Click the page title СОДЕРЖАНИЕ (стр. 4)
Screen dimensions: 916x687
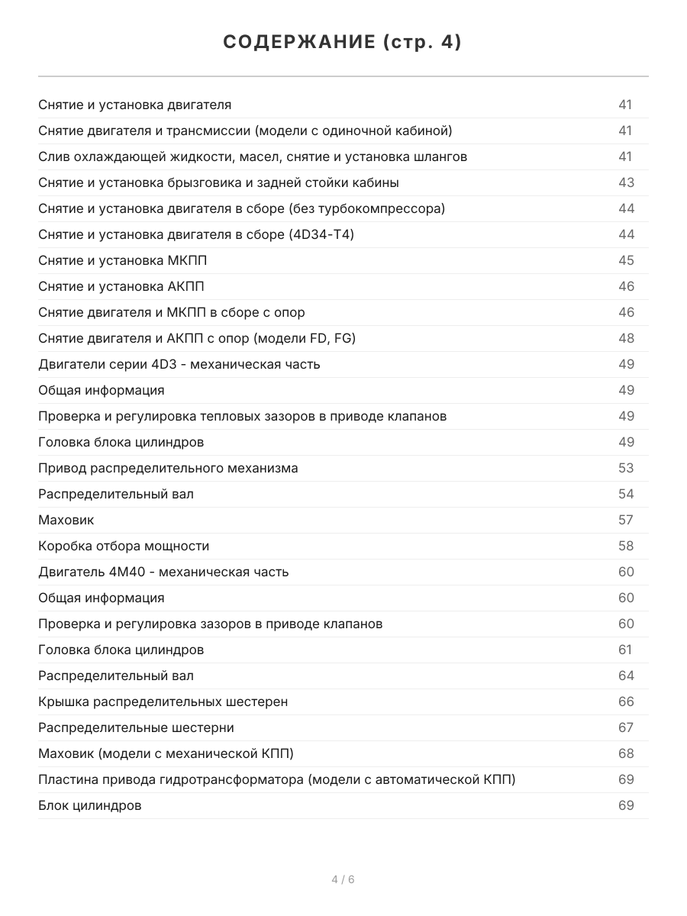click(x=343, y=43)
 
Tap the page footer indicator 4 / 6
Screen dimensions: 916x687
click(x=343, y=879)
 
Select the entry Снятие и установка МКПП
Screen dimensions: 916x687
click(x=122, y=260)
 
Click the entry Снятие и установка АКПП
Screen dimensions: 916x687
click(x=121, y=286)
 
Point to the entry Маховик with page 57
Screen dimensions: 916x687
click(x=66, y=520)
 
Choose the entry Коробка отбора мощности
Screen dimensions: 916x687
click(x=124, y=546)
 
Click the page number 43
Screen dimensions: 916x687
click(x=626, y=182)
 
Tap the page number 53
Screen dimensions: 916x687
click(x=626, y=468)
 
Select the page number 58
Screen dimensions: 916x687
click(x=626, y=546)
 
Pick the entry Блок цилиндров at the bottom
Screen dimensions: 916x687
click(x=89, y=805)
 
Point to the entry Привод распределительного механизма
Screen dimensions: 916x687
click(x=168, y=468)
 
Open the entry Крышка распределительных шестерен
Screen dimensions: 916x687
click(x=163, y=702)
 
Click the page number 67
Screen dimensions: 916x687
click(x=626, y=727)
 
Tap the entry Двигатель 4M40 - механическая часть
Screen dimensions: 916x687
click(x=163, y=572)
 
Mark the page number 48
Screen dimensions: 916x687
click(x=626, y=338)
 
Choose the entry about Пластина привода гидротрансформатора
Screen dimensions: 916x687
click(x=276, y=779)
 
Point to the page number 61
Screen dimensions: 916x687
click(x=625, y=650)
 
